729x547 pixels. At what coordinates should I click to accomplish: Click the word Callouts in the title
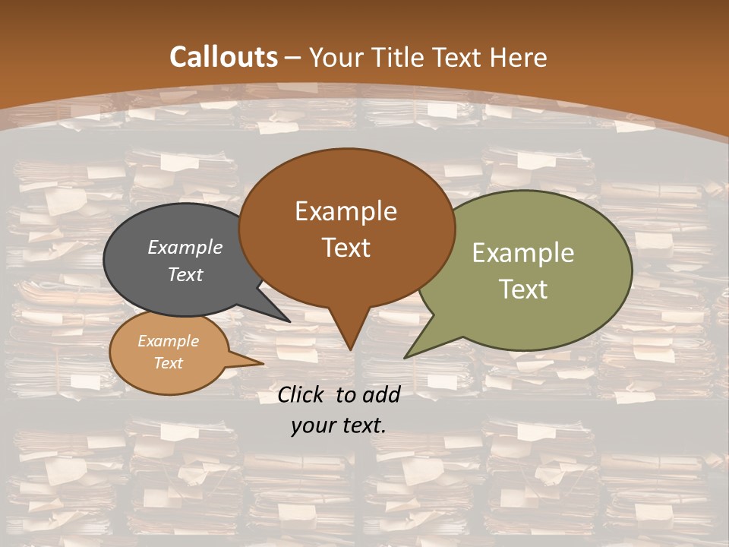coord(223,57)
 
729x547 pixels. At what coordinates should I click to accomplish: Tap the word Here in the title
coord(518,57)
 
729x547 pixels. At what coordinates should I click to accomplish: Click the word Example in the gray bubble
coord(185,248)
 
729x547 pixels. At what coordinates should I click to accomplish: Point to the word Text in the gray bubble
coord(185,274)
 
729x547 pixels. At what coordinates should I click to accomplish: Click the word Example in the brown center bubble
coord(346,211)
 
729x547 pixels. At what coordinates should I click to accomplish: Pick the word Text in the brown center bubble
coord(346,248)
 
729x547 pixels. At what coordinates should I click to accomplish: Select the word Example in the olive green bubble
coord(523,253)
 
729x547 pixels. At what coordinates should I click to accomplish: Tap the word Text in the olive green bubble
coord(523,289)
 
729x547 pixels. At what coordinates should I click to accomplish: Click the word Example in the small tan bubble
coord(169,341)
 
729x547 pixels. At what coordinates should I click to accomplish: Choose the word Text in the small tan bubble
coord(169,363)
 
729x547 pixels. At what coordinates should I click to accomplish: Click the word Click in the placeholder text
coord(302,394)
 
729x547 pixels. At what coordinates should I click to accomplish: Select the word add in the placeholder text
coord(380,394)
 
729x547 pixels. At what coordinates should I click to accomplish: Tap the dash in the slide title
coord(294,57)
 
